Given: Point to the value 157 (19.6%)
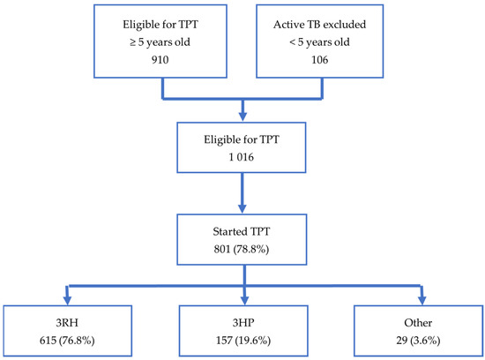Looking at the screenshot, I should pyautogui.click(x=242, y=335).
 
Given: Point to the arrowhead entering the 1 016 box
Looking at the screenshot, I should pyautogui.click(x=242, y=116).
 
